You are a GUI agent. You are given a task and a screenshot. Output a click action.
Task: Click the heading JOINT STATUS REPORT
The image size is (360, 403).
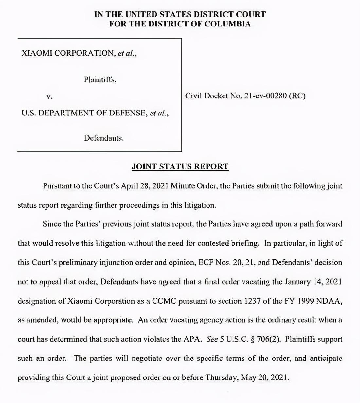click(180, 166)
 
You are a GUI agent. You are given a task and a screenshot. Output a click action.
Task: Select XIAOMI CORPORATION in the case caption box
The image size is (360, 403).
click(67, 53)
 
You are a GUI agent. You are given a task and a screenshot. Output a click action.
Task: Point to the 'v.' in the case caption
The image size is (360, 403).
click(49, 96)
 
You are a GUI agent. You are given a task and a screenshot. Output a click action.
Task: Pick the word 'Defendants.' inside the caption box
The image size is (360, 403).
click(104, 138)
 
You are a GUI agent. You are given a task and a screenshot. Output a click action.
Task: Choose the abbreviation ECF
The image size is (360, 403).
click(206, 263)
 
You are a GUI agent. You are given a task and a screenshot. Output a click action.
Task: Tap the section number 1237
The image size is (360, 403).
click(252, 301)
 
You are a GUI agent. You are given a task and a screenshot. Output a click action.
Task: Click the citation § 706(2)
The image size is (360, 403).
click(265, 339)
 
